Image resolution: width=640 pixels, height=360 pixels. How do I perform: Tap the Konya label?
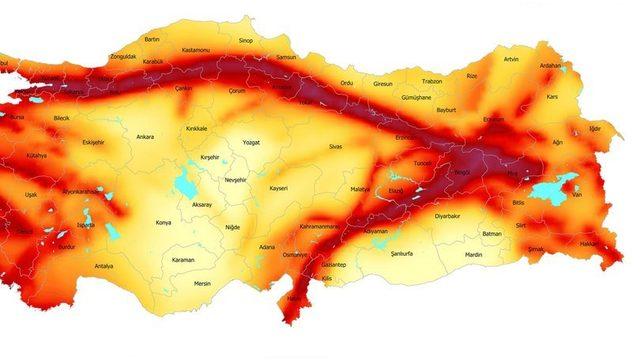164,223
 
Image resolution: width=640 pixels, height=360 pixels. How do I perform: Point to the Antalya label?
103,266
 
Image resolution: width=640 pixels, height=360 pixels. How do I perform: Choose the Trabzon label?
432,81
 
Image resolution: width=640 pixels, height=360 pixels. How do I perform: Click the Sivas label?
335,146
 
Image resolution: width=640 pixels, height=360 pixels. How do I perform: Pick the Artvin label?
511,59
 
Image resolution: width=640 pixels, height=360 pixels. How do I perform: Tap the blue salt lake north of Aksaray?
185,184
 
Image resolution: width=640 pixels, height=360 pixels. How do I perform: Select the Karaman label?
182,260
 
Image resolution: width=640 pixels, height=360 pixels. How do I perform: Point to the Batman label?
491,233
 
